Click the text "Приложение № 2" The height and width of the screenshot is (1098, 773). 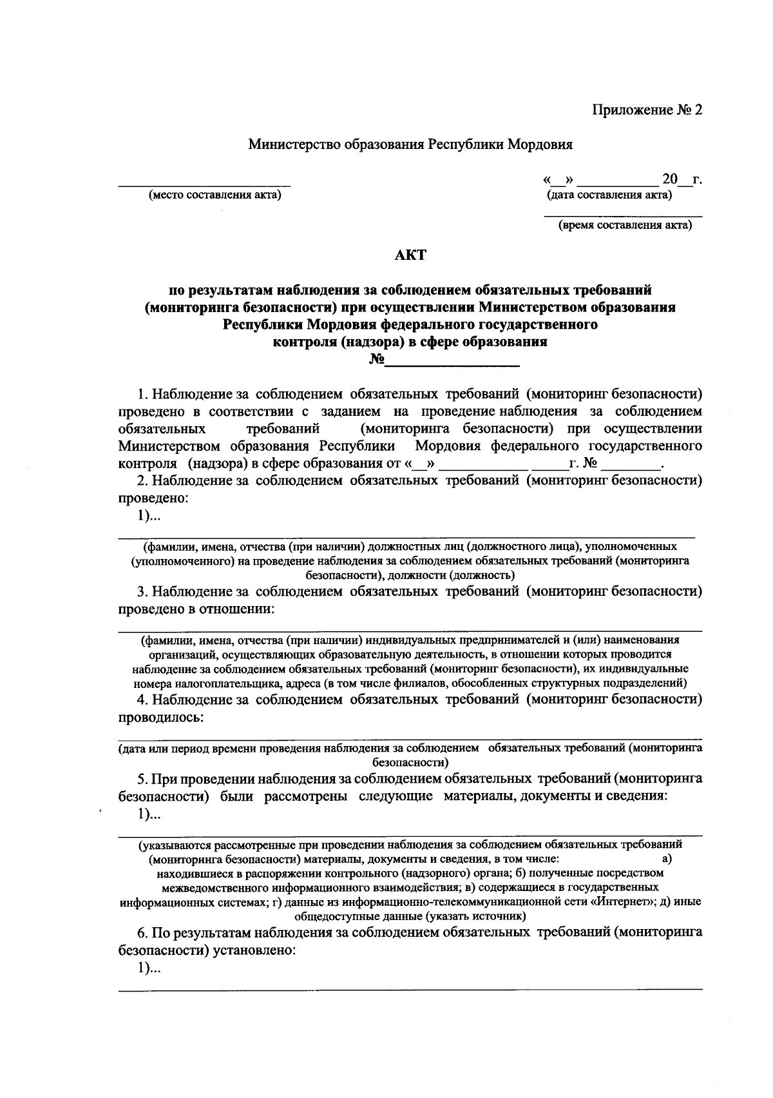pos(647,110)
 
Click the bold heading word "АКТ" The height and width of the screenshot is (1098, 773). pos(410,255)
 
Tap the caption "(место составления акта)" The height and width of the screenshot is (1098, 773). pos(215,195)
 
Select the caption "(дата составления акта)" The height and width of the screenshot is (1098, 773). pos(609,195)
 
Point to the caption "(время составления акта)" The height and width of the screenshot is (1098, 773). pos(624,225)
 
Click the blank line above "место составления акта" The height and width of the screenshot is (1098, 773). pos(204,186)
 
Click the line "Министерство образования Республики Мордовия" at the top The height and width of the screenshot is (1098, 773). pos(410,144)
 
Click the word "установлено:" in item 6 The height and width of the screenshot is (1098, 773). pos(258,950)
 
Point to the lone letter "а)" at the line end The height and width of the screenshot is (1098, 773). pos(667,859)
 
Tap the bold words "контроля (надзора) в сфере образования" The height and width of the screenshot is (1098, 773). pos(410,342)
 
